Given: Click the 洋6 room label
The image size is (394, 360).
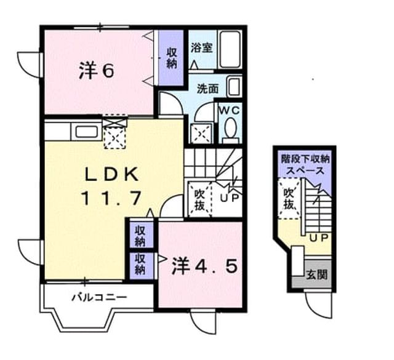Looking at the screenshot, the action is pos(97,71).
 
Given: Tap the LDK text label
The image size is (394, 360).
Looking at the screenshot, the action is pos(111,174).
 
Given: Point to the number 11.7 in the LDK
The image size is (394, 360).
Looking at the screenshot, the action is pos(111,198).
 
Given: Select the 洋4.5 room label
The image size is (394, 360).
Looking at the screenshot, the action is pos(204,267).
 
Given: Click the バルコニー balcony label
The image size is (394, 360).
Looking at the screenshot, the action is pos(100,298).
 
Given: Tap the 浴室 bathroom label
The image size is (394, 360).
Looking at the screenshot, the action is pos(202,47).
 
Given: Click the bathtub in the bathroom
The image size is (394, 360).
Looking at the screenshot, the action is pos(230,49).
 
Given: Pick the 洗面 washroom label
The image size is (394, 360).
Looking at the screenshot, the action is pos(207,89).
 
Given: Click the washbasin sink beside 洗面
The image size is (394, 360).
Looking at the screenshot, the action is pos(234,87).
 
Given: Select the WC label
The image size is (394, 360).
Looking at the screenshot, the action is pos(230,111).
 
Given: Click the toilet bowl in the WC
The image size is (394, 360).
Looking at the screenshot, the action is pos(230,128).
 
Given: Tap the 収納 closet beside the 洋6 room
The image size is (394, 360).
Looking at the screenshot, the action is pos(172,58).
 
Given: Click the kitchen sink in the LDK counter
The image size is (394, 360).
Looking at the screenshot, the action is pos(87,132).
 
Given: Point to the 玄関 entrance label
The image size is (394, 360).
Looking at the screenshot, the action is pos(316,275).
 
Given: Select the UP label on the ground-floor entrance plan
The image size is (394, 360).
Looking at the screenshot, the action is pos(319,238).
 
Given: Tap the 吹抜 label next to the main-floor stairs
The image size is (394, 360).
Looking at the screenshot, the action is pos(200,200).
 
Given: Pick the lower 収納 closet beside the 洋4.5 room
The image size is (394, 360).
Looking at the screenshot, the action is pos(140,264).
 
